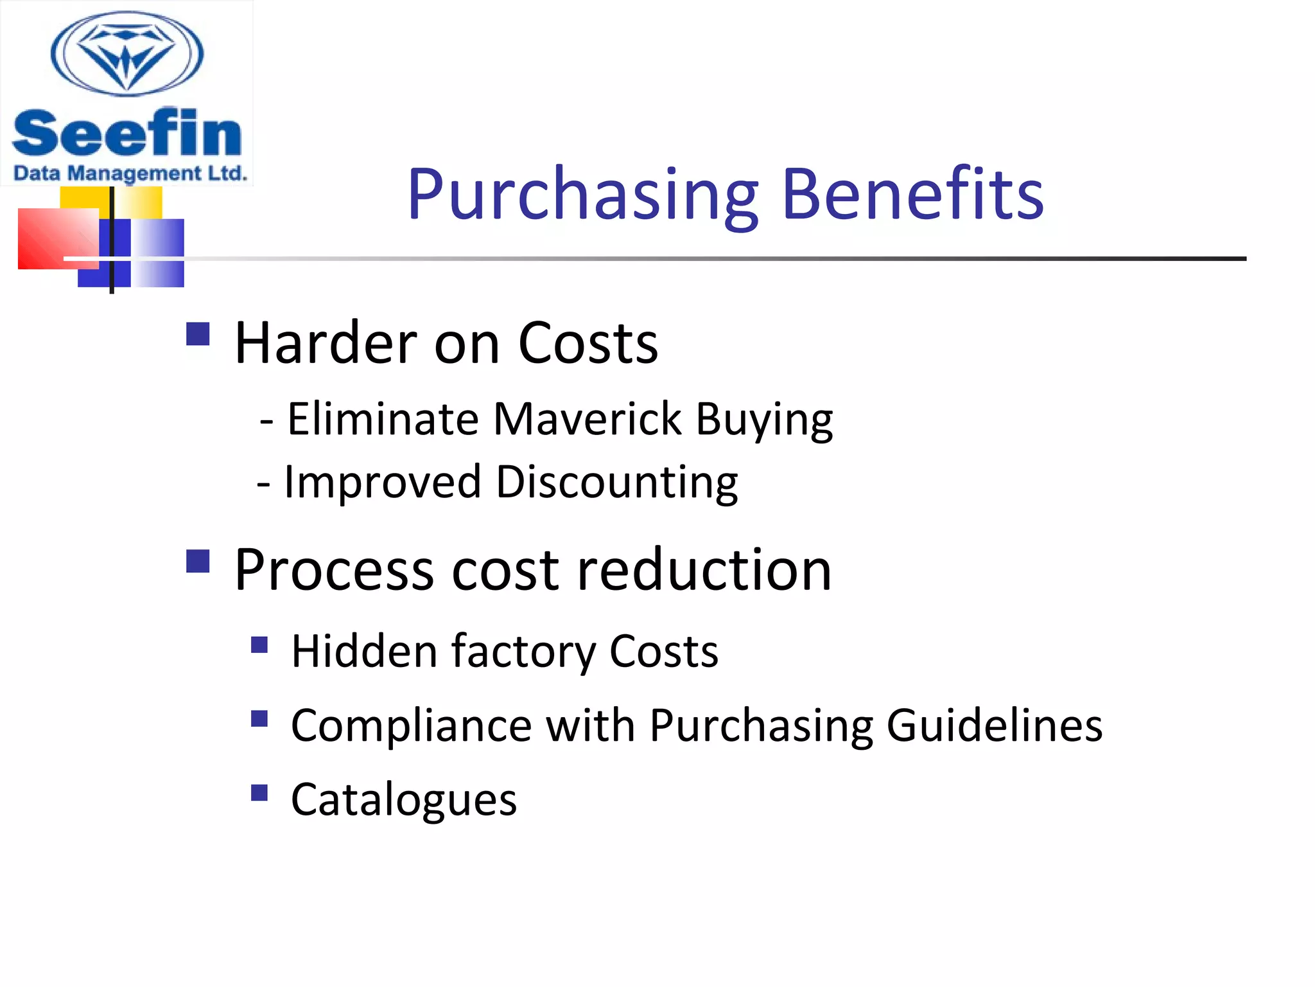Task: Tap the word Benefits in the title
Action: [x=912, y=194]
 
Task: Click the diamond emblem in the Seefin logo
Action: [x=127, y=54]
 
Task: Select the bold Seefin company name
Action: [x=127, y=133]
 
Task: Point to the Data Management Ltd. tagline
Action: [x=130, y=173]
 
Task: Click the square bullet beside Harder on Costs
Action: [x=198, y=334]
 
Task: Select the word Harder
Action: [x=326, y=343]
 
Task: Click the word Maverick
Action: [x=587, y=419]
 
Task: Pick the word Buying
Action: [x=764, y=420]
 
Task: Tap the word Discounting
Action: [x=616, y=482]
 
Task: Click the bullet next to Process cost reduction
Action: [x=198, y=561]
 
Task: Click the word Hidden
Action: [x=364, y=652]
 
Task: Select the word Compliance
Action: [x=411, y=725]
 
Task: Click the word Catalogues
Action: [x=403, y=800]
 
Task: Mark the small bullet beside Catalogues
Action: [x=259, y=793]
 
